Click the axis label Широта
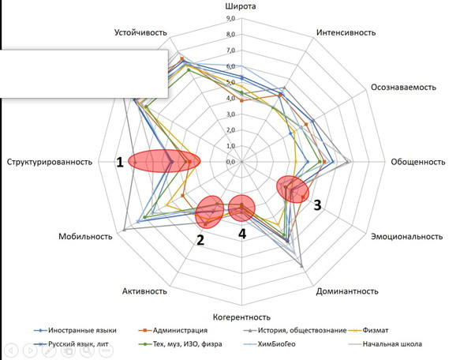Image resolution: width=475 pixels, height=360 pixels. [x=242, y=8]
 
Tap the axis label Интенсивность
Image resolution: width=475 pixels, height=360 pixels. [x=346, y=33]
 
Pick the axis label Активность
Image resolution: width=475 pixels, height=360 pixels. [x=144, y=291]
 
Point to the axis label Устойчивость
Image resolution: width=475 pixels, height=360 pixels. [x=139, y=33]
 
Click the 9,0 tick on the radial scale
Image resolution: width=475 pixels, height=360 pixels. [x=230, y=19]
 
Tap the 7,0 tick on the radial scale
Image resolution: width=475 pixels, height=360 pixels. [x=230, y=51]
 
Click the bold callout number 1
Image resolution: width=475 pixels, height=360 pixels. [x=120, y=162]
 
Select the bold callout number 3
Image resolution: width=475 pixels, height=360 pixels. [x=317, y=206]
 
